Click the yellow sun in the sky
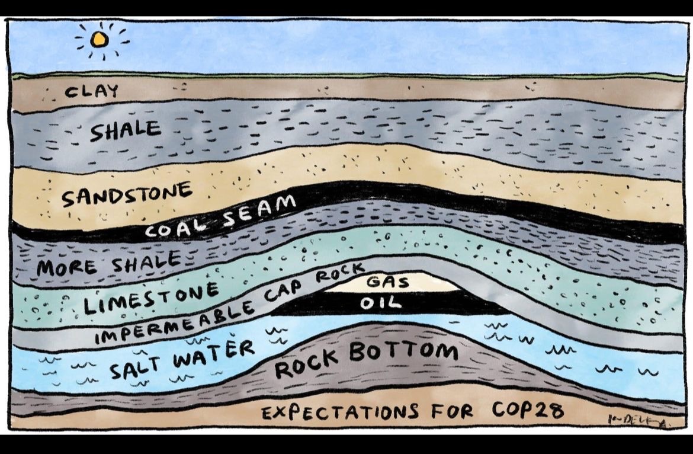point(100,40)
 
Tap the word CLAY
point(92,92)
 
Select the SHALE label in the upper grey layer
point(125,130)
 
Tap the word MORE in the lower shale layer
point(66,267)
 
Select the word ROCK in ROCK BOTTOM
point(307,363)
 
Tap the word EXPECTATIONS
point(340,411)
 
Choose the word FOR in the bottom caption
point(451,411)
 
